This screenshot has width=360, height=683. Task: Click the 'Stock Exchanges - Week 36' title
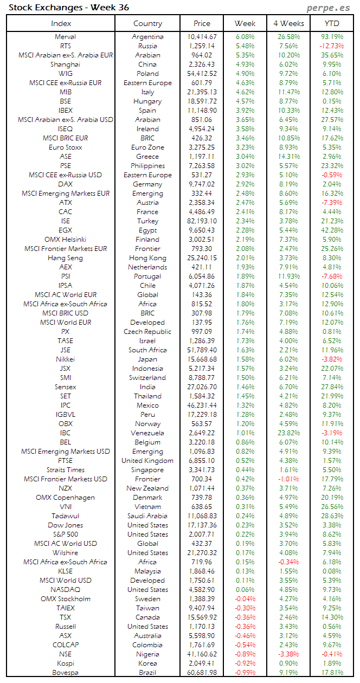pos(69,8)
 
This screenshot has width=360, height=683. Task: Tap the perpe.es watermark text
pos(328,8)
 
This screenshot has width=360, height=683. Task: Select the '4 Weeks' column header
pos(288,23)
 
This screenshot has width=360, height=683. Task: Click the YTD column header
pos(331,23)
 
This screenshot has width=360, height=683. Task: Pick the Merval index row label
pos(65,37)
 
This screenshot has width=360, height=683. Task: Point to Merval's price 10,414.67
pos(202,37)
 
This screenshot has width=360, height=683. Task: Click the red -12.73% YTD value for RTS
pos(331,46)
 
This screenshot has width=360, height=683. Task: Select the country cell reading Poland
pos(147,74)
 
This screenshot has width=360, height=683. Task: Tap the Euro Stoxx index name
pos(65,147)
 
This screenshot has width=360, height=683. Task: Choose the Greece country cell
pos(147,157)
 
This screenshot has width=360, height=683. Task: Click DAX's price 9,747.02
pos(202,184)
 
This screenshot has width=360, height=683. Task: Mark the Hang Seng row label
pos(65,258)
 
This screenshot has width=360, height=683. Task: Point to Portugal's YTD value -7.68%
pos(331,276)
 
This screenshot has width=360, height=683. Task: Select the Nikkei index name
pos(65,359)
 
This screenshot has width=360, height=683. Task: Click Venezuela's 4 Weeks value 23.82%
pos(288,433)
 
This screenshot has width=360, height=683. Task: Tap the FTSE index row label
pos(65,461)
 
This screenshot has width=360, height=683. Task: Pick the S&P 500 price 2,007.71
pos(202,534)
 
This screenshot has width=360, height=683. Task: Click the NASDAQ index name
pos(65,590)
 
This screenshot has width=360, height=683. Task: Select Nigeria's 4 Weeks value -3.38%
pos(288,654)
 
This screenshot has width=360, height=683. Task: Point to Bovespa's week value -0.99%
pos(246,673)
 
